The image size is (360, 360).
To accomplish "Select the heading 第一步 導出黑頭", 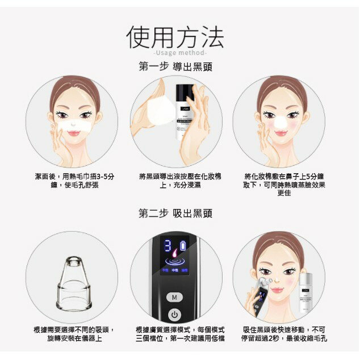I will point(175,66).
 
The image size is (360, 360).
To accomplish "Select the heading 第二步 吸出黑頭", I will point(175,214).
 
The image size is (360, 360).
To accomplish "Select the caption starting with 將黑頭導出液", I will point(175,181).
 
